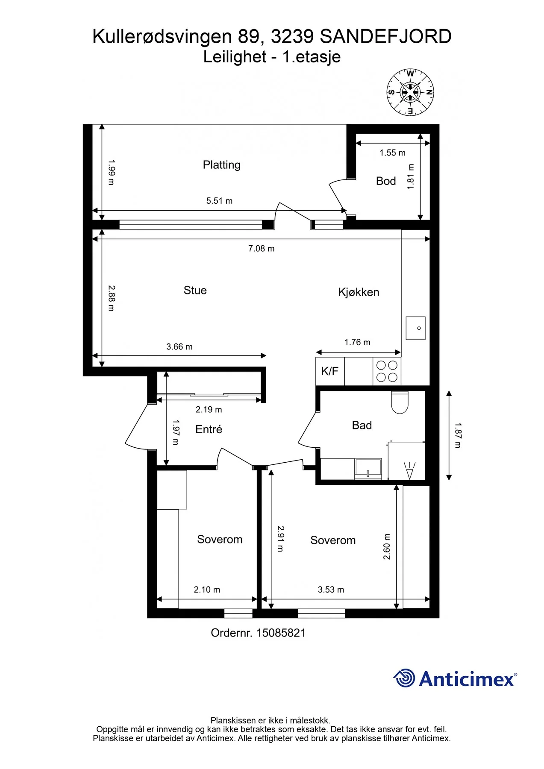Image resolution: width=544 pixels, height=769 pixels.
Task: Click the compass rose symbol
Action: pos(410,92)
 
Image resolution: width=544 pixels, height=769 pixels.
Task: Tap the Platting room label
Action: pos(221,165)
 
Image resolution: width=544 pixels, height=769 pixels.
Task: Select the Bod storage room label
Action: pos(386,181)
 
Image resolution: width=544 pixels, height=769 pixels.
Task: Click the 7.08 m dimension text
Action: pos(262,249)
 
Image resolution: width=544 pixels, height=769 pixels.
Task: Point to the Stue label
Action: pos(195,291)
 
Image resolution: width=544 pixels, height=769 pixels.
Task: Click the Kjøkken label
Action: pos(359,292)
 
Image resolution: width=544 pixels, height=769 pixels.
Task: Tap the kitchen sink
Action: pos(415,328)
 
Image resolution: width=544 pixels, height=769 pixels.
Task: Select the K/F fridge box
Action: pos(330,371)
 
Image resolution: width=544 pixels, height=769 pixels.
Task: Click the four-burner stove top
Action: pos(387,371)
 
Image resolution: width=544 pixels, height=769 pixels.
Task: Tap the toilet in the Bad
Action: pos(400,402)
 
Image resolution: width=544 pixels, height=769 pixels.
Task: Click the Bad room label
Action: pos(362,426)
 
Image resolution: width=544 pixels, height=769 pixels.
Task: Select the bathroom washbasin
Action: pos(368,469)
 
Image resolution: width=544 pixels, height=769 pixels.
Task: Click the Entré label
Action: pos(209,429)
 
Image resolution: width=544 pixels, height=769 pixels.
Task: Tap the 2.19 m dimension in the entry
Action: pos(209,410)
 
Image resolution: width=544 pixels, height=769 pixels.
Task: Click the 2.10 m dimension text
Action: pos(207,590)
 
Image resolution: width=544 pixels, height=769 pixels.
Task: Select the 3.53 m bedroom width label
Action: pos(331,590)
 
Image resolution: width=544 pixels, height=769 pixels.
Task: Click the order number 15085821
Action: pos(281,633)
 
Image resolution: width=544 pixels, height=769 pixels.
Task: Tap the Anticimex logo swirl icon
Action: pos(404,678)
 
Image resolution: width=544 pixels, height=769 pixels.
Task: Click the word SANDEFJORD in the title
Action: pos(385,37)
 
